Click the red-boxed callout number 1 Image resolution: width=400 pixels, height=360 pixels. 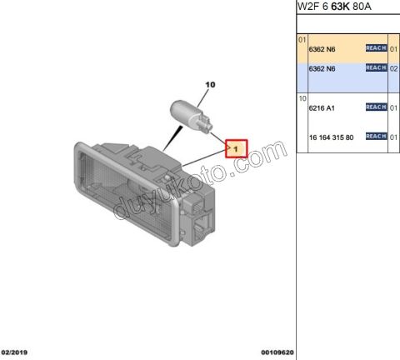(x=236, y=149)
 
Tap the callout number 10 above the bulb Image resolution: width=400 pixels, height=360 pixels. (x=210, y=84)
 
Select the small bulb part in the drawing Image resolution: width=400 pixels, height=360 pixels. (x=191, y=117)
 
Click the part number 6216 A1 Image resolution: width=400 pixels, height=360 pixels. (x=322, y=108)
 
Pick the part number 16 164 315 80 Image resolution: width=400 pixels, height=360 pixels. (x=331, y=137)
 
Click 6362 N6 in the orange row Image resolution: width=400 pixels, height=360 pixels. (x=322, y=49)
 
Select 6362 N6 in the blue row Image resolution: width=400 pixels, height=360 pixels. (x=322, y=68)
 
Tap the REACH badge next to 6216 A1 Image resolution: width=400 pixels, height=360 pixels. (x=376, y=107)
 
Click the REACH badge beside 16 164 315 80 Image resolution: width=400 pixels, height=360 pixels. (x=376, y=136)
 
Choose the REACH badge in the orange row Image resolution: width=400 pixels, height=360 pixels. (x=376, y=48)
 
